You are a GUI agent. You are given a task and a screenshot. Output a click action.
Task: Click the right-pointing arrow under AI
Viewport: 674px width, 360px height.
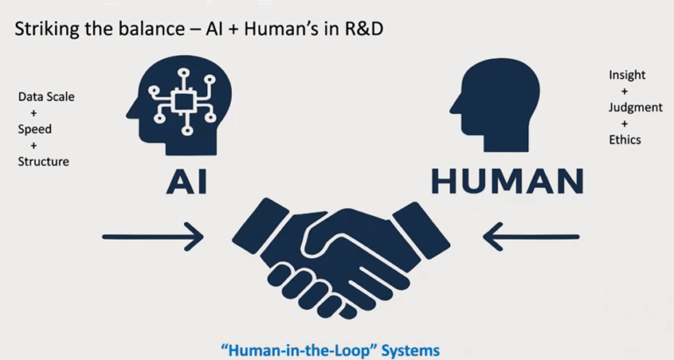click(153, 236)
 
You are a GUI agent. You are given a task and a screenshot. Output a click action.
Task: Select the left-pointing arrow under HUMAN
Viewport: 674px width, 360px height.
click(532, 236)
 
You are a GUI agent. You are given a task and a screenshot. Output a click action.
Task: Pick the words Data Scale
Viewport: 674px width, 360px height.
click(47, 97)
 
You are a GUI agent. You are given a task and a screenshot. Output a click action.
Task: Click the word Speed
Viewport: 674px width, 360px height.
click(34, 130)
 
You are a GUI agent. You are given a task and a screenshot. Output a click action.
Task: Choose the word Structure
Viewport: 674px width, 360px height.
click(43, 162)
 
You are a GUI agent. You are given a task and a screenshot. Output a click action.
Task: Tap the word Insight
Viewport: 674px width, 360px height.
click(627, 76)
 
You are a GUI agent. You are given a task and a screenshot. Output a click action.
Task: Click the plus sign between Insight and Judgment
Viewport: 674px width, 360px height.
click(625, 91)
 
